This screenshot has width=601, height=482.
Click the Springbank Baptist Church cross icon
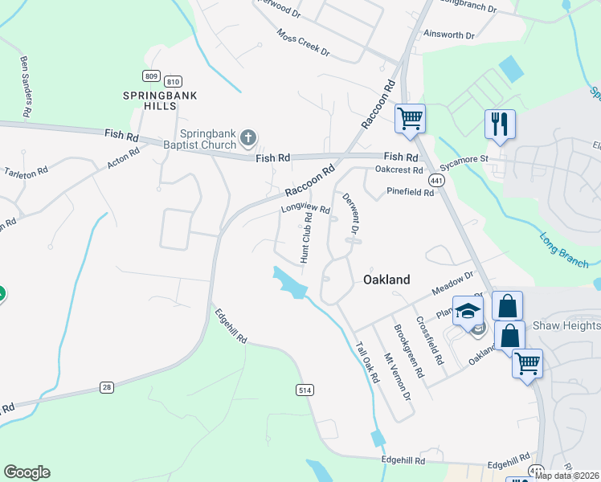pos(248,138)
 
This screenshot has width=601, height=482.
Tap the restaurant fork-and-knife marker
pos(500,125)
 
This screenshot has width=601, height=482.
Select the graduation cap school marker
pos(467,311)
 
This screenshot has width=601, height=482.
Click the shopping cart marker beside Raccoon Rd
pos(410,119)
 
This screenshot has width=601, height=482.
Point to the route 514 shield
pos(304,390)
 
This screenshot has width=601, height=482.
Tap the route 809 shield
pos(151,76)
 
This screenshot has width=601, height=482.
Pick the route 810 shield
pos(172,81)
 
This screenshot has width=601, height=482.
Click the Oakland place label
pos(386,280)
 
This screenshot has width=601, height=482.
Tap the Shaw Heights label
pos(566,325)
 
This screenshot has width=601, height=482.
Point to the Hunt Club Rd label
pos(306,238)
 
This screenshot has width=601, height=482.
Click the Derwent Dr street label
pos(350,215)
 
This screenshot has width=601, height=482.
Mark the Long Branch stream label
pos(558,243)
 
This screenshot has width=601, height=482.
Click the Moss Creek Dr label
pos(303,43)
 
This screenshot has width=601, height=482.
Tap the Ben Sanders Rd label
pos(26,87)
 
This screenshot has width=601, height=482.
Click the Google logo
pos(27,472)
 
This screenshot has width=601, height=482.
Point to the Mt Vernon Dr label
pos(398,378)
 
